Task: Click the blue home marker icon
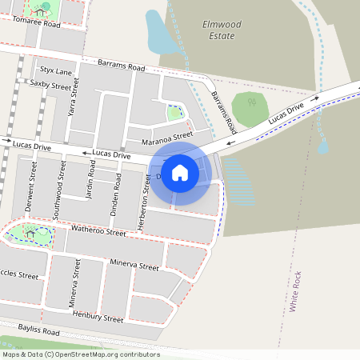coord(180,172)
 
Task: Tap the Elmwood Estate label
coord(218,30)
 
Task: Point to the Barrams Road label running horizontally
coord(121,65)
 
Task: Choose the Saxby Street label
coord(50,84)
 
